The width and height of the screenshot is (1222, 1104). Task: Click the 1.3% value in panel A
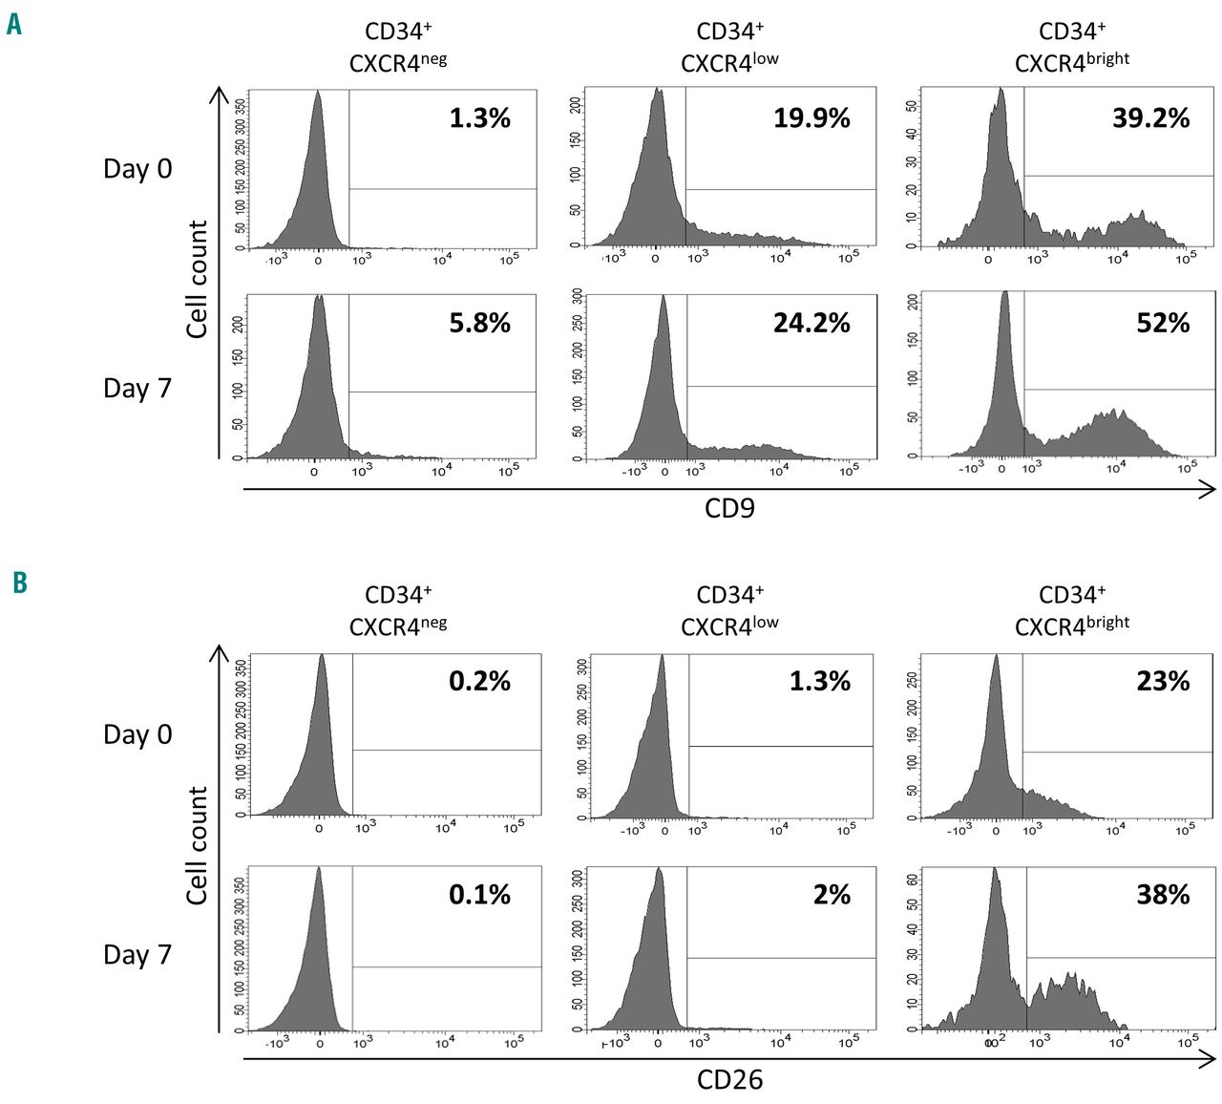(479, 118)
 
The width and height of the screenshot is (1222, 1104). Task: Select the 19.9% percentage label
(811, 118)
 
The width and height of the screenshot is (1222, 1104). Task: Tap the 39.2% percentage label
(1150, 118)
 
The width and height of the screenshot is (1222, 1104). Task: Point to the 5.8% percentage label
(479, 324)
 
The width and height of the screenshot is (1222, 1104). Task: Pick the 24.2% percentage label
(811, 324)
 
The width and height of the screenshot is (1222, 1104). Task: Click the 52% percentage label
(1163, 324)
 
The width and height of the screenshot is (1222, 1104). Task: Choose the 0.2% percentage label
(479, 682)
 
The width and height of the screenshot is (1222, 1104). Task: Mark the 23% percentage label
(1163, 682)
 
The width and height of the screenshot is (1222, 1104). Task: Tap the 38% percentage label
(1163, 895)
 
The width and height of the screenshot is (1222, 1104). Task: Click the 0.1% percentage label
(479, 895)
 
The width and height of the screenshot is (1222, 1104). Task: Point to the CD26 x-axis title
(729, 1080)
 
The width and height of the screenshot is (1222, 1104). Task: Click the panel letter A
(13, 24)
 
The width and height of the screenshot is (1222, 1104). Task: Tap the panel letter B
(20, 582)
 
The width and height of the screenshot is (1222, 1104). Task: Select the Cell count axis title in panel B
(198, 845)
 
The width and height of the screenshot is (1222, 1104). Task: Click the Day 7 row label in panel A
(137, 389)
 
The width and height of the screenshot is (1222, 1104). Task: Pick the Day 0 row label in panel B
(137, 734)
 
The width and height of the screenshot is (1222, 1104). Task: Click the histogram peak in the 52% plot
(1004, 294)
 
